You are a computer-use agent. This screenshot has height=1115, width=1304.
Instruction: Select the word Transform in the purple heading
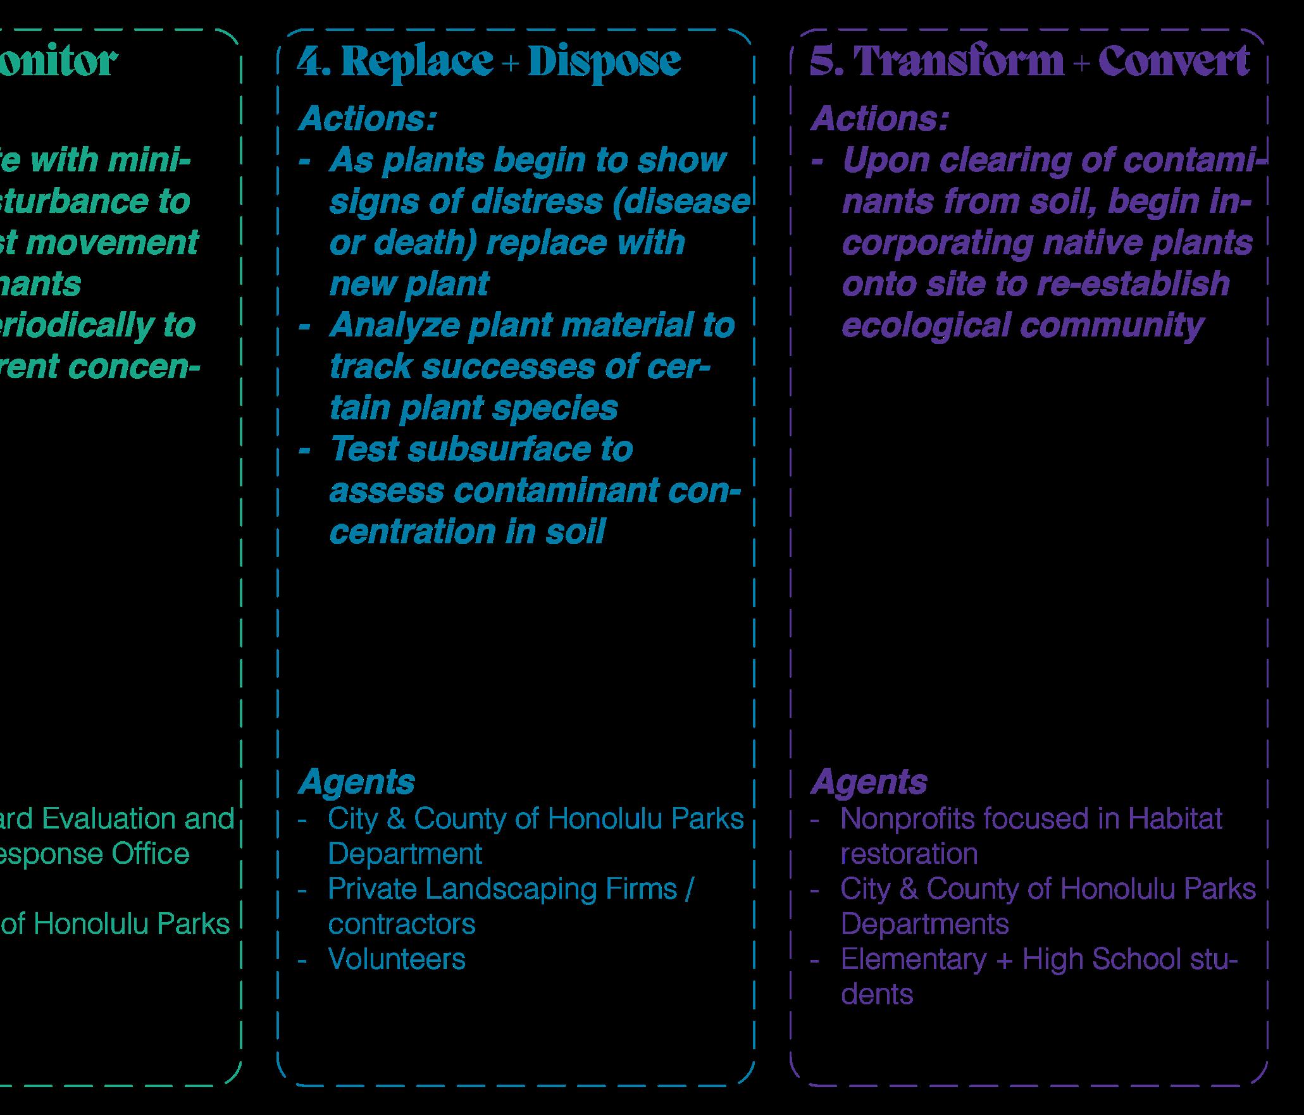click(959, 62)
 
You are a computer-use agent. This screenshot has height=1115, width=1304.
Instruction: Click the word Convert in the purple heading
click(1174, 62)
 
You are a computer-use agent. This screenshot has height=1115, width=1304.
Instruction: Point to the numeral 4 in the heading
click(310, 62)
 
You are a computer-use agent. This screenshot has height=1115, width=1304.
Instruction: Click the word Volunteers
click(397, 959)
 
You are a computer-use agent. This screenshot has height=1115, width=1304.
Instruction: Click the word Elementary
click(913, 959)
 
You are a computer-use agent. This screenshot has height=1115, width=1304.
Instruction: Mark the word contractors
click(402, 924)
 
